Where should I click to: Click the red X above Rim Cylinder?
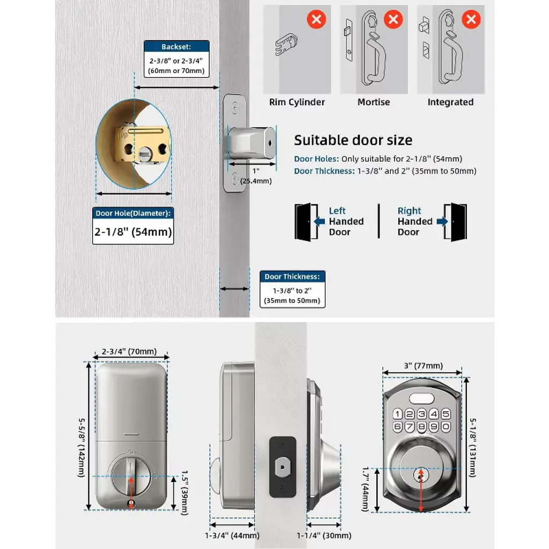tap(316, 19)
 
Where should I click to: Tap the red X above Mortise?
tap(393, 19)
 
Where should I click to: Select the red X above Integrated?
tap(471, 19)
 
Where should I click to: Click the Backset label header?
tap(176, 47)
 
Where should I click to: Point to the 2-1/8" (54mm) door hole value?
tap(133, 232)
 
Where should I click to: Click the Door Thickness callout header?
tap(292, 277)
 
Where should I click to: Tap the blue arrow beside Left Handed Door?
tap(320, 221)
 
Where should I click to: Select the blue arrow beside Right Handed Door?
tap(442, 221)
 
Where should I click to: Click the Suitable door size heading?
tap(353, 140)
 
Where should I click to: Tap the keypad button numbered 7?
tap(409, 427)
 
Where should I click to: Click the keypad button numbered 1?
tap(397, 414)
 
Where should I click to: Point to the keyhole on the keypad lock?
tap(421, 476)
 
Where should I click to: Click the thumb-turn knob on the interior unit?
tap(131, 475)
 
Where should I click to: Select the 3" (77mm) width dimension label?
tap(424, 366)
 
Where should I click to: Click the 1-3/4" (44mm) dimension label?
tap(232, 536)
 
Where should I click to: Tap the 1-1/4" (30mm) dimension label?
tap(324, 536)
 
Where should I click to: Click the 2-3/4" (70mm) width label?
tap(129, 352)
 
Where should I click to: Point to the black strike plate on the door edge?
tap(283, 467)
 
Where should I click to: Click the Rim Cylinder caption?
tap(297, 102)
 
